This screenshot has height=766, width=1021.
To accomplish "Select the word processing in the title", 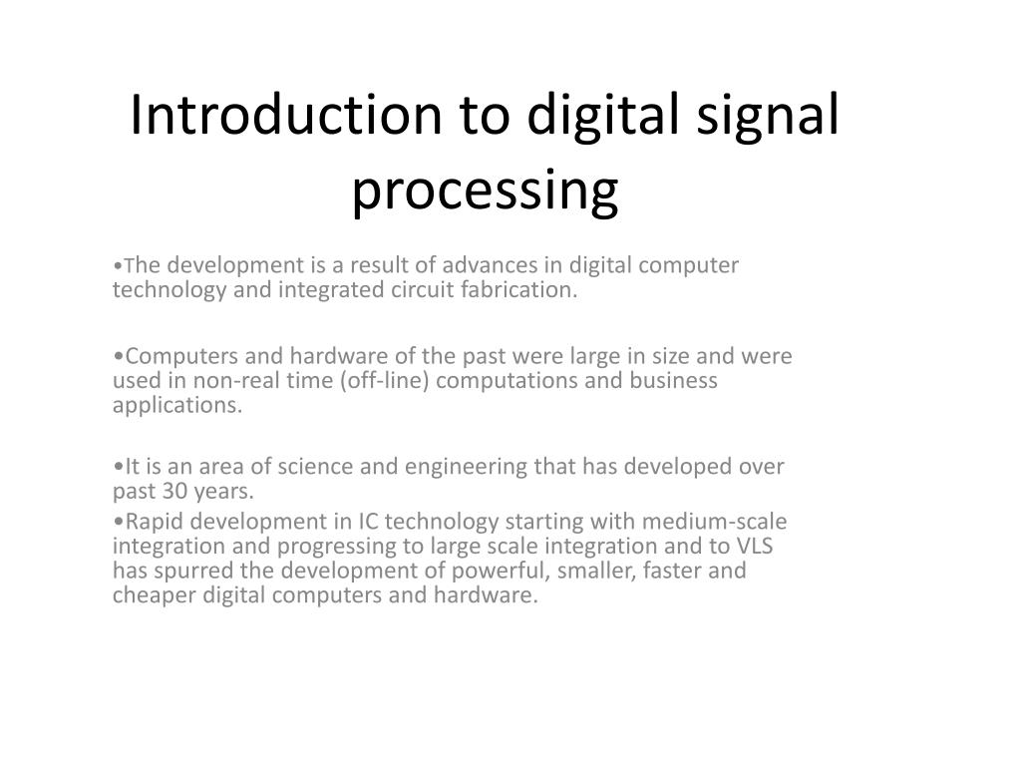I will (x=485, y=191).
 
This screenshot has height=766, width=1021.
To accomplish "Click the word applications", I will (x=176, y=407).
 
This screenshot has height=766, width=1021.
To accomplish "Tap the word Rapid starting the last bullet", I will (x=154, y=521).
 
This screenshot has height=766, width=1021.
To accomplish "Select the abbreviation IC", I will (x=369, y=521).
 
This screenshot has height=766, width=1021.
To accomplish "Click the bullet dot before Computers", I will (x=118, y=356).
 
